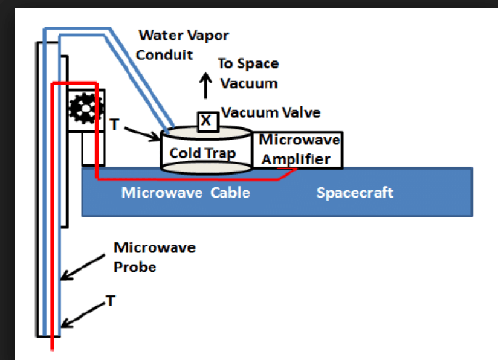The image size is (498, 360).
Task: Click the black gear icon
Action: (x=82, y=109)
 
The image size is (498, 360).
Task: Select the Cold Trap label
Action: (x=202, y=153)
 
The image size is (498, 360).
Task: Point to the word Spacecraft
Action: (x=355, y=193)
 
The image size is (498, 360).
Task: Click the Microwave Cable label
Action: (x=186, y=193)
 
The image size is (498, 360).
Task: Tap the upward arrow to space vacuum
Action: (x=206, y=85)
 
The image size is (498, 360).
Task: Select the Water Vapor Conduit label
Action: (x=182, y=45)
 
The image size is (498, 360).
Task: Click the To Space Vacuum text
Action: (x=248, y=73)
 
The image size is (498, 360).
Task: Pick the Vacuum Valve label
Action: (x=271, y=112)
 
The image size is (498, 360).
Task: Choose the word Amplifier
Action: (x=296, y=159)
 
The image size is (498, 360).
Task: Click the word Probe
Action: (x=135, y=266)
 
